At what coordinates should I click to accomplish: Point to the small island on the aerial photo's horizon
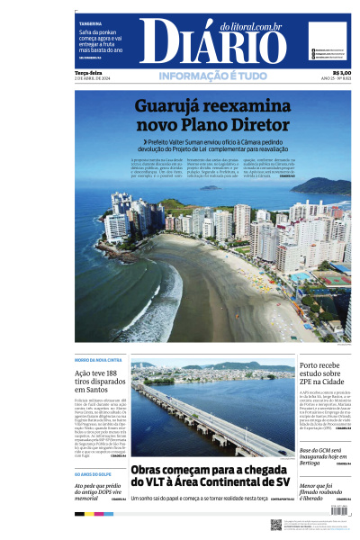point(210,188)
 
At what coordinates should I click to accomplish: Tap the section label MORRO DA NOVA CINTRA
point(98,360)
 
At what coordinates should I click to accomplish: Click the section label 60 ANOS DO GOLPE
point(94,472)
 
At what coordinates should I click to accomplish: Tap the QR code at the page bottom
point(276,524)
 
